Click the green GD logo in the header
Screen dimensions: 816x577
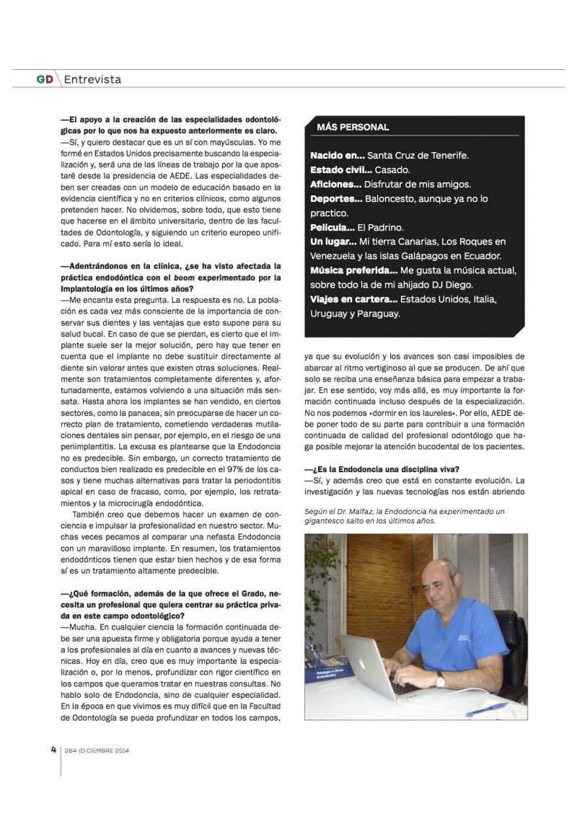(45, 79)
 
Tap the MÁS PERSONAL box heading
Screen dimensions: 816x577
(353, 127)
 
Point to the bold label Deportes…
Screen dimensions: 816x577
(336, 199)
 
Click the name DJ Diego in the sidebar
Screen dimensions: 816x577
(475, 285)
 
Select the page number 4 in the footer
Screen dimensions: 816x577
(53, 749)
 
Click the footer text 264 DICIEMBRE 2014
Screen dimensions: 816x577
(97, 750)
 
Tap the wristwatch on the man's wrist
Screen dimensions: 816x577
(439, 680)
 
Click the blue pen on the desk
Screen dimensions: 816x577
(486, 709)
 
